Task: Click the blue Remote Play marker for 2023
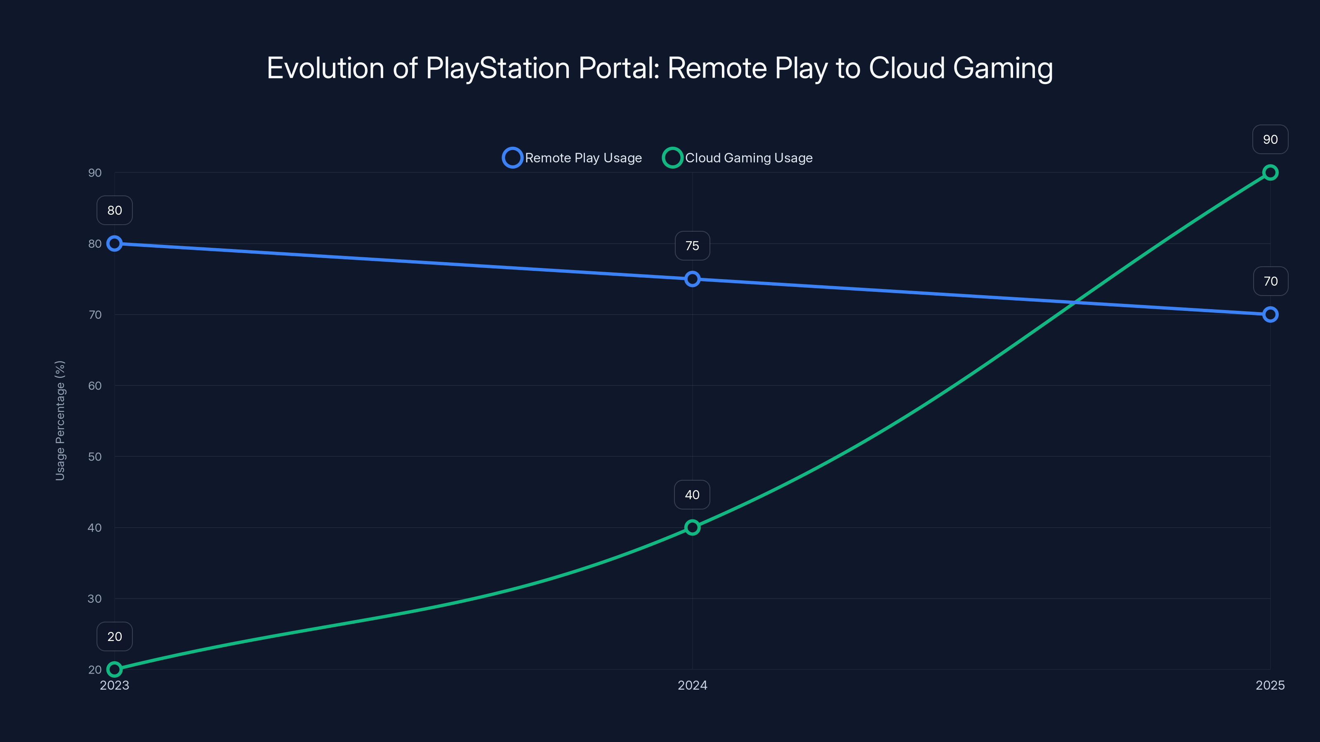[x=114, y=244]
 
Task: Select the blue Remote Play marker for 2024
[x=692, y=279]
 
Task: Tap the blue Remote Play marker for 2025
[x=1270, y=315]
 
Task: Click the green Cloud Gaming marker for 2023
[x=114, y=669]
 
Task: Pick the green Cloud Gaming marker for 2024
[x=692, y=528]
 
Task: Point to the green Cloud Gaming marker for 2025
[x=1270, y=173]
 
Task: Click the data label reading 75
[x=692, y=246]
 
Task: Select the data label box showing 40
[x=692, y=495]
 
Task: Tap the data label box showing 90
[x=1270, y=139]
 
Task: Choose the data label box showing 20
[x=114, y=636]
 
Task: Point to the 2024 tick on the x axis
[x=692, y=685]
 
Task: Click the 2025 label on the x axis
[x=1270, y=685]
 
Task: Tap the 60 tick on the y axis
[x=95, y=385]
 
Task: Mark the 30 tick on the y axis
[x=95, y=599]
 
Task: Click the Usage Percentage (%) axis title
[x=60, y=420]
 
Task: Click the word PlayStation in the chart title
[x=497, y=68]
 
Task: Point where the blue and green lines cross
[x=1073, y=303]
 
